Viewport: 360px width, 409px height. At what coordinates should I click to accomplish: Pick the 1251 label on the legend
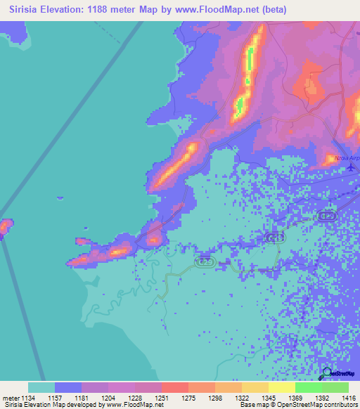(x=161, y=397)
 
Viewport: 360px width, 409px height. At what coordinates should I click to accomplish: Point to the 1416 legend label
(x=348, y=397)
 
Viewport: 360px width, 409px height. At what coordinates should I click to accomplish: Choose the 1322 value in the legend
(x=241, y=397)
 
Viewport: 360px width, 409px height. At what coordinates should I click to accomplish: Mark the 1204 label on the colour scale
(x=108, y=397)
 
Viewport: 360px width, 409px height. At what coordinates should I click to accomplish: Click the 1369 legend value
(x=295, y=397)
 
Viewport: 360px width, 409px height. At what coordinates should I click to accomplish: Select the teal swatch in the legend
(x=41, y=387)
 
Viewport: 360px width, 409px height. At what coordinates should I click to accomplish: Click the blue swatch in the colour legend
(x=68, y=387)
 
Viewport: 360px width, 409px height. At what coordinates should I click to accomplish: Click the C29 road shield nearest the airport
(x=326, y=214)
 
